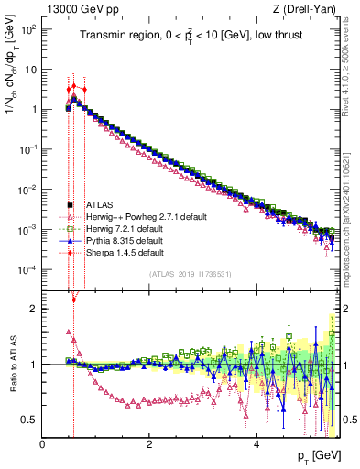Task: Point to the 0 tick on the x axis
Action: coord(42,443)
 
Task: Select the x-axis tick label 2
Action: coord(149,443)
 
